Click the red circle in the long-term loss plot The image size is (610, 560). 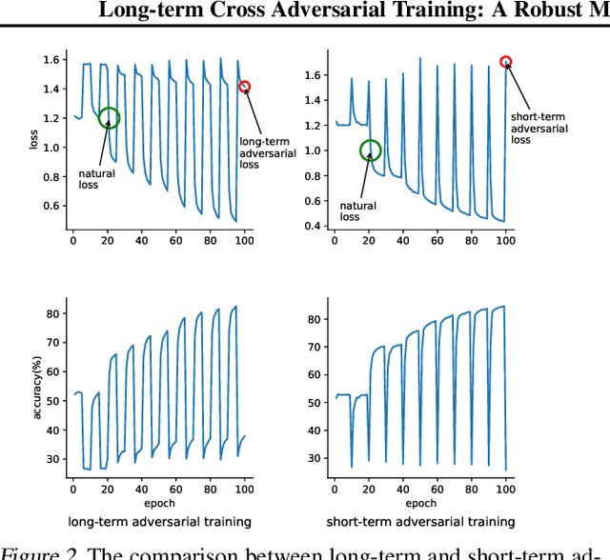tap(244, 87)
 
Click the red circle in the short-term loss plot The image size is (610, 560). tap(506, 62)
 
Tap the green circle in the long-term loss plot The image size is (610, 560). tap(110, 118)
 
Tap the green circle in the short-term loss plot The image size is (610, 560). tap(370, 150)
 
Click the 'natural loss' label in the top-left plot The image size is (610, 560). tap(96, 180)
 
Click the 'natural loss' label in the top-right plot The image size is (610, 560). tap(358, 211)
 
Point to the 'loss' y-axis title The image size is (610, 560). tap(34, 143)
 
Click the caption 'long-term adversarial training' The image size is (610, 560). tap(159, 522)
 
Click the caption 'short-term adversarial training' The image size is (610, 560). tap(420, 522)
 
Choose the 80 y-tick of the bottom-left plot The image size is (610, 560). tap(54, 313)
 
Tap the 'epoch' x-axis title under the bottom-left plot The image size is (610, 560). tap(159, 502)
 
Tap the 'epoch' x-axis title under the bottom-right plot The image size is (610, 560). tap(420, 502)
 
